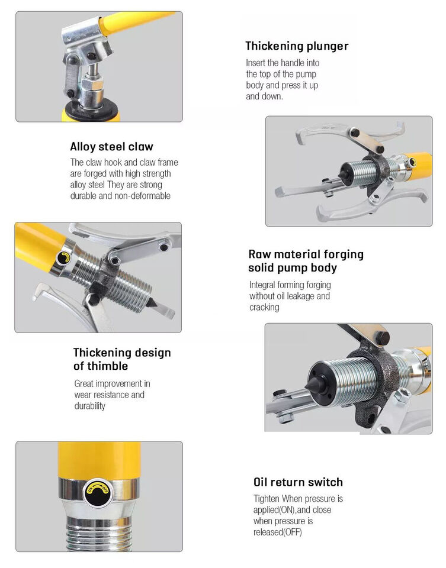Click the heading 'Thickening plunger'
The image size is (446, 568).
point(297,46)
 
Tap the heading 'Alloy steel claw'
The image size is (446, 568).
point(112,147)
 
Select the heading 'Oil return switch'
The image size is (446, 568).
point(298,482)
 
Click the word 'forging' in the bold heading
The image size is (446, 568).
point(344,254)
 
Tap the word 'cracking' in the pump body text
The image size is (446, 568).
point(264,307)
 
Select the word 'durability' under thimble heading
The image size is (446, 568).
point(90,406)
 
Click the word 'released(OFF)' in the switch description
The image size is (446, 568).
point(278,532)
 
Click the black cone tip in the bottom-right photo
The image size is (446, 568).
point(315,385)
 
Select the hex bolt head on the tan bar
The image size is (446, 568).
point(382,338)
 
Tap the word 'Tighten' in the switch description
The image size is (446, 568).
point(267,499)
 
